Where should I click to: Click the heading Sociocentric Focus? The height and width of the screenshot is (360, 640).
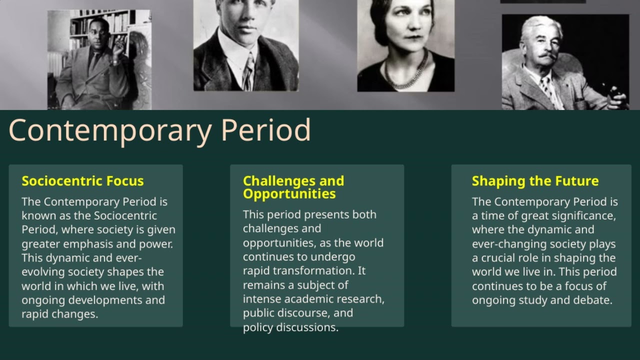coord(82,181)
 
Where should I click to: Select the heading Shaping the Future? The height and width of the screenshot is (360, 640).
coord(535,181)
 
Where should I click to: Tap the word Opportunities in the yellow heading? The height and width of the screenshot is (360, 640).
coord(289,194)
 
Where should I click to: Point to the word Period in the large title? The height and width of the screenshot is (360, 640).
coord(265,130)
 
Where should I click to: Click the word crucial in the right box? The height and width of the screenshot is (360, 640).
coord(500,258)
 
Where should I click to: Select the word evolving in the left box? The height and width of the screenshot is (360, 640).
coord(43,272)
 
